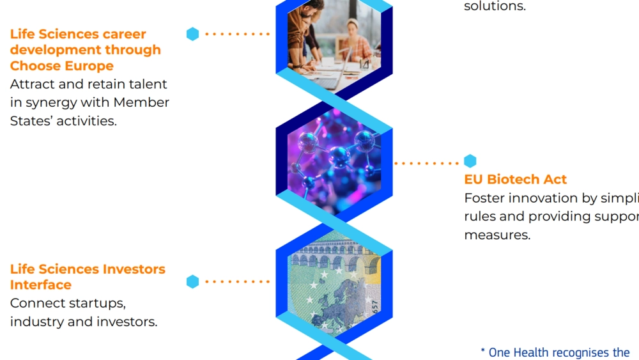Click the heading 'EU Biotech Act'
(515, 180)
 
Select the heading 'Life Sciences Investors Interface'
(88, 277)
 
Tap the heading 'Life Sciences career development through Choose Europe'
(86, 50)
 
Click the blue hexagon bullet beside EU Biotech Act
(470, 161)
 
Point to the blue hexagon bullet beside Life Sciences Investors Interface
(192, 281)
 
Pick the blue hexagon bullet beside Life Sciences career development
(192, 34)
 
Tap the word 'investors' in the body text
(126, 322)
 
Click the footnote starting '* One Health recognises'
(555, 352)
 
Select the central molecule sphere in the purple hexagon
(339, 155)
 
